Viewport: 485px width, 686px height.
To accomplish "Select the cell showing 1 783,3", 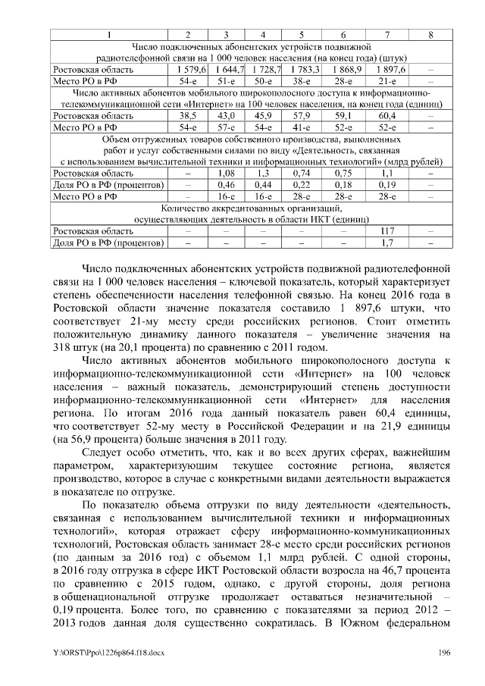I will coord(300,70).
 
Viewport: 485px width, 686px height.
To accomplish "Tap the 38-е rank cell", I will coord(300,80).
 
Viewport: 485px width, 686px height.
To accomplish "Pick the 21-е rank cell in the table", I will coord(387,80).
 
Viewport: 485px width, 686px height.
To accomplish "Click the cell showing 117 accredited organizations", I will coord(387,230).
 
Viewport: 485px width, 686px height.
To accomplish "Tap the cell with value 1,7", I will coord(387,242).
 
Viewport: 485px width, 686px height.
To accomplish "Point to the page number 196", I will coord(445,653).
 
